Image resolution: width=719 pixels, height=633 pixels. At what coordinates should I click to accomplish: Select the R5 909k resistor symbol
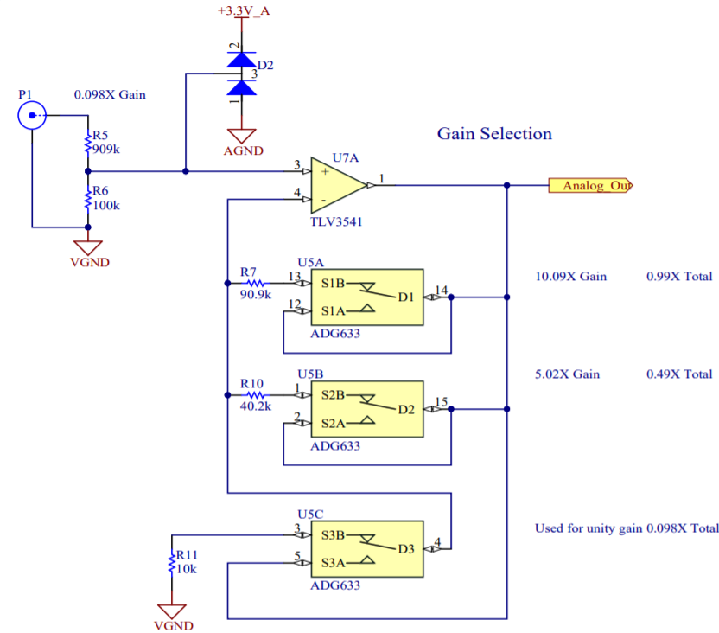(87, 144)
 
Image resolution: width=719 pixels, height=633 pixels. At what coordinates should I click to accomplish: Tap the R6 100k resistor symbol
(87, 200)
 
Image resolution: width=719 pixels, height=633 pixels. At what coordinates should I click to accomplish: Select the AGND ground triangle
(240, 137)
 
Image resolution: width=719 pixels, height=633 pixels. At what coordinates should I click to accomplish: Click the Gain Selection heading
(493, 134)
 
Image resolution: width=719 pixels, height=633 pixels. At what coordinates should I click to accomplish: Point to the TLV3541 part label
(336, 222)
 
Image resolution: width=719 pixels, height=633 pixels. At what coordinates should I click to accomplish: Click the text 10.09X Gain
(571, 277)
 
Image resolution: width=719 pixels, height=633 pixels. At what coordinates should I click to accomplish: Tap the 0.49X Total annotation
(678, 374)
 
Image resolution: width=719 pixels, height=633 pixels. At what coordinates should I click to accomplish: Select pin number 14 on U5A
(441, 290)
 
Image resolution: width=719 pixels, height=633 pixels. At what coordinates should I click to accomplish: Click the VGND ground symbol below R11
(173, 611)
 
